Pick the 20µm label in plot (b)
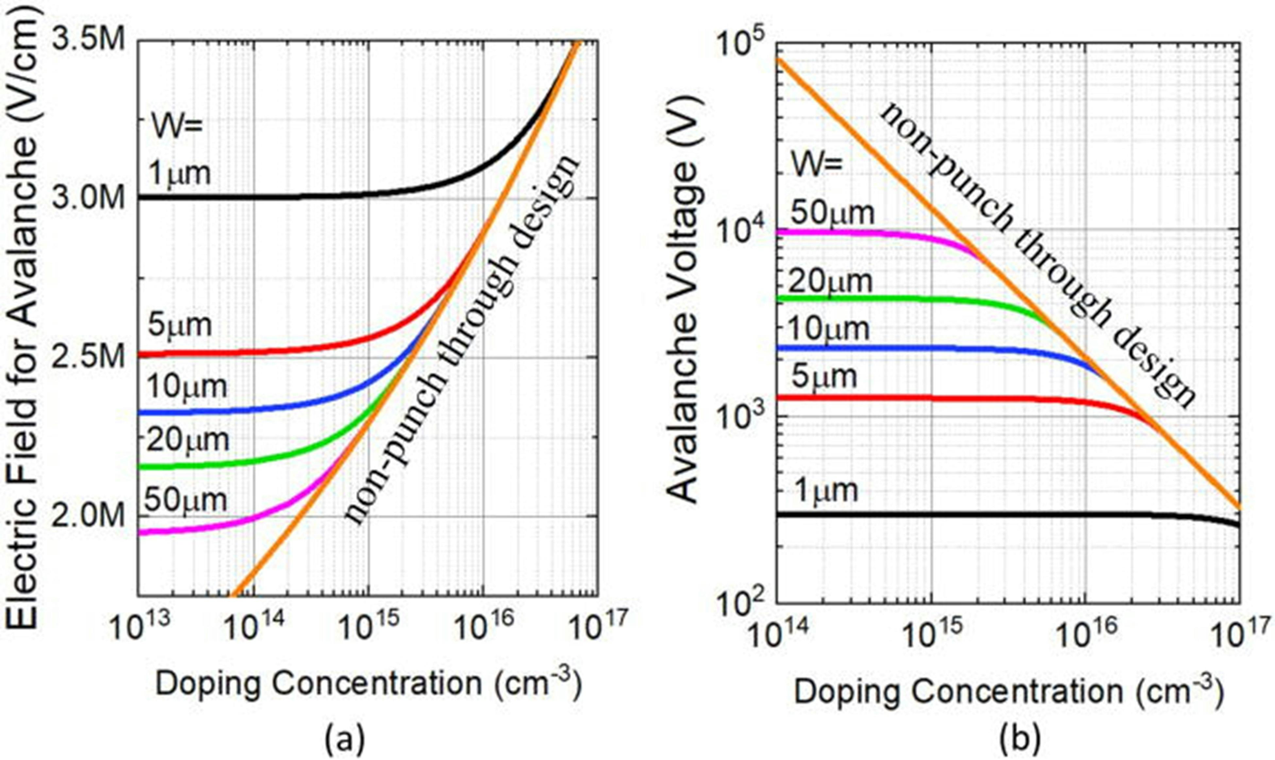tap(829, 281)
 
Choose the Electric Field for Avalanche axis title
tap(22, 328)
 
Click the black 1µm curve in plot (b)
tap(972, 514)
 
